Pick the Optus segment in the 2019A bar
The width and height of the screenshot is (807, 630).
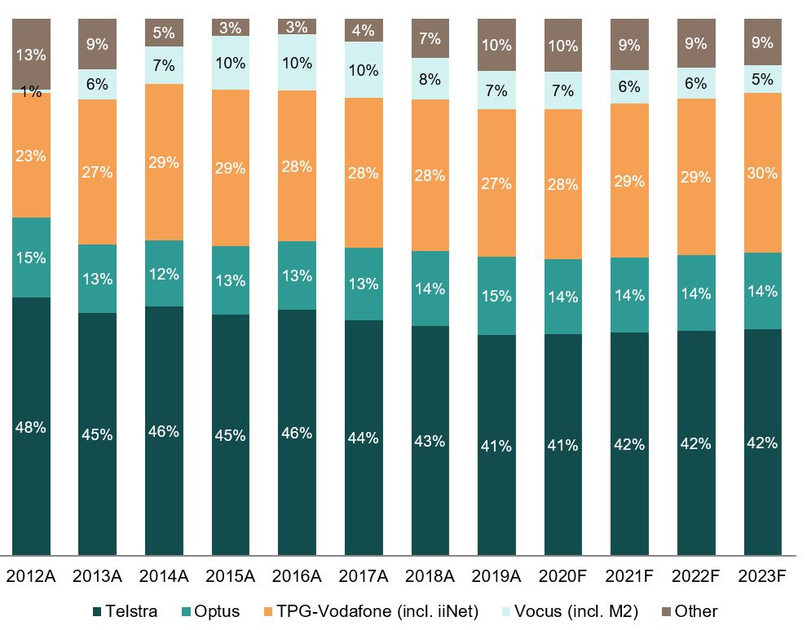[496, 296]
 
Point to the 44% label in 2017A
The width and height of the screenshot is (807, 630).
[364, 438]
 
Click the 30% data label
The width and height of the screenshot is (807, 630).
[763, 173]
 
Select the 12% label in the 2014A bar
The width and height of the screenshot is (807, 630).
[164, 274]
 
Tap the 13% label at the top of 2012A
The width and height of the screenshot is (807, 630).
[31, 55]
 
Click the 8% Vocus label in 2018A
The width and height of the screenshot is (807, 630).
[430, 79]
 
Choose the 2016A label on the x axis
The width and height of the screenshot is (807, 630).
[297, 576]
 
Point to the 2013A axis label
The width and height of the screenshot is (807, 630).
[97, 576]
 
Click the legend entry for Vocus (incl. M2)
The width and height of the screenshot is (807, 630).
[589, 611]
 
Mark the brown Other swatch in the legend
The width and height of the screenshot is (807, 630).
[664, 611]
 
